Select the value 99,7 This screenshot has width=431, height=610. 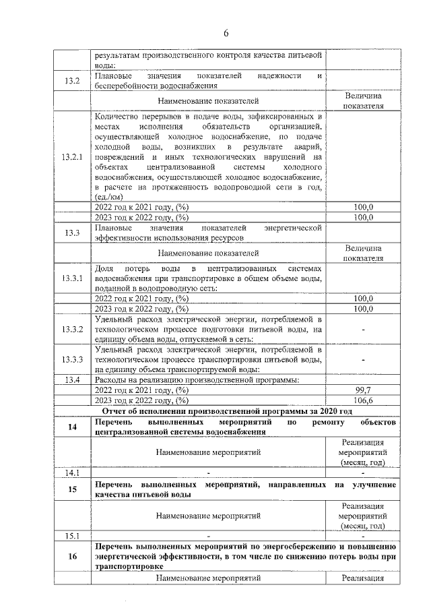[363, 390]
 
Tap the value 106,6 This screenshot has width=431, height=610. [363, 400]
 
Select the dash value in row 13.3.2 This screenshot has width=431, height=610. [363, 330]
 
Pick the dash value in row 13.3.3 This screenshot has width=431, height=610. [363, 360]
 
